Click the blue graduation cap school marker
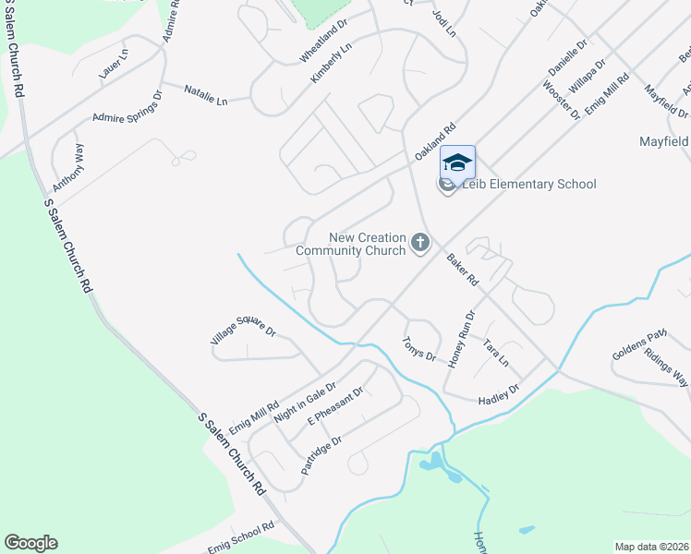point(457,163)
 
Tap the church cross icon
point(420,244)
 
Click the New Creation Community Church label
point(351,245)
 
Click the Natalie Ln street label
point(205,95)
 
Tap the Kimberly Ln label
point(332,64)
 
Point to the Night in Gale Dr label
point(305,402)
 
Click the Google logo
point(30,543)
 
